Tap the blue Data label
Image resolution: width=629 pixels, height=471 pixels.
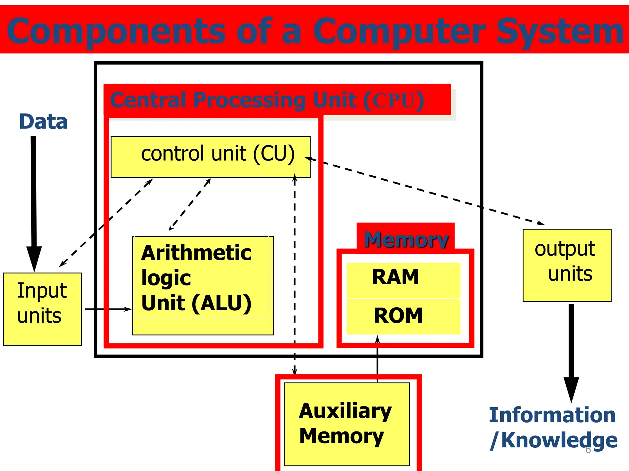43,122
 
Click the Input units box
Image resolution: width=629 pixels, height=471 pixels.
42,309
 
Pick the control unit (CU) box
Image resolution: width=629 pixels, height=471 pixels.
211,157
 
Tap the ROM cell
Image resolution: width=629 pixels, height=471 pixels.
403,316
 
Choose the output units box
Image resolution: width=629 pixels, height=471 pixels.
567,265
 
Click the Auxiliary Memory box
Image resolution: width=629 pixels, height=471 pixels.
347,424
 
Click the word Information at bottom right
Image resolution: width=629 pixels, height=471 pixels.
552,415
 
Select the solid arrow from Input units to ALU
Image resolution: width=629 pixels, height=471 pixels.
107,309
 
